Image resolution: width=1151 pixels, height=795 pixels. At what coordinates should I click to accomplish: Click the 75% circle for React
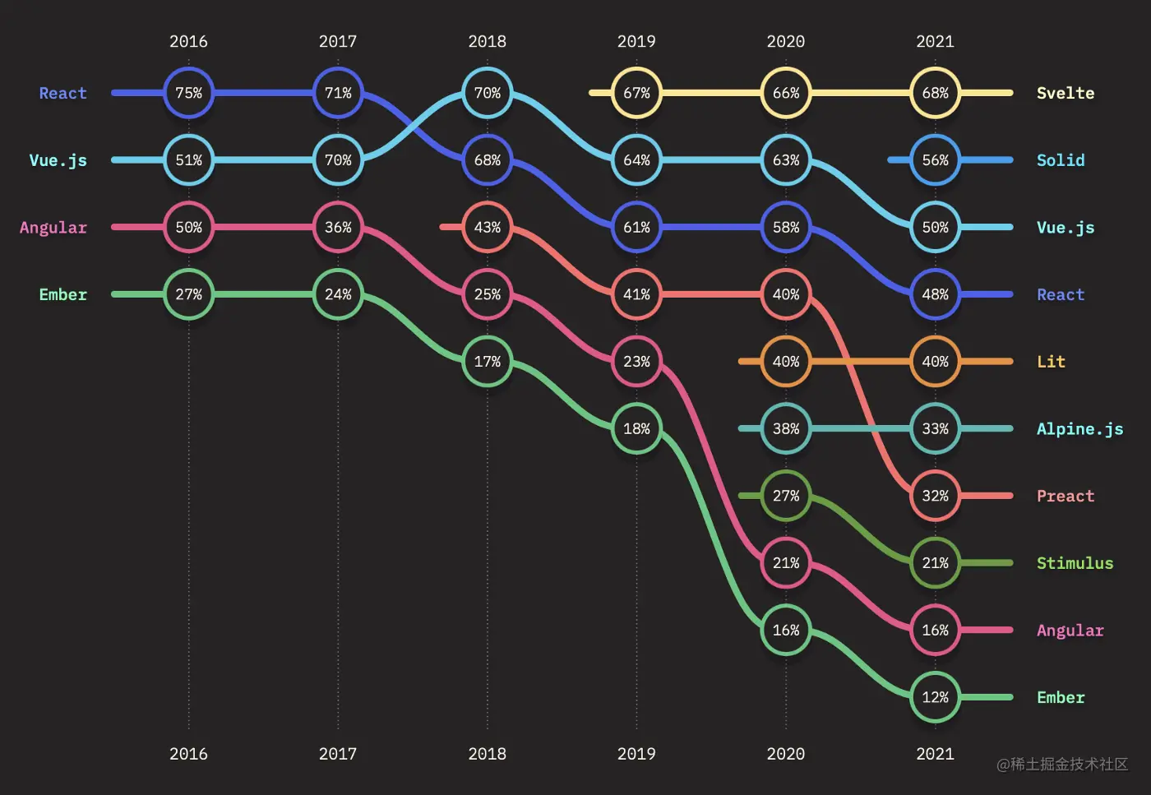(188, 93)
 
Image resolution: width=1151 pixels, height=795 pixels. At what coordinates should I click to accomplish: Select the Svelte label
(1065, 93)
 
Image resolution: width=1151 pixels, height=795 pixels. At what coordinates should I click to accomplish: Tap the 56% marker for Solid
(935, 160)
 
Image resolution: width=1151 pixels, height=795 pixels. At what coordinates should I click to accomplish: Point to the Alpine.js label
(1079, 429)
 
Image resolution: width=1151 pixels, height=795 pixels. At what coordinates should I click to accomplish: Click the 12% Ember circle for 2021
(935, 697)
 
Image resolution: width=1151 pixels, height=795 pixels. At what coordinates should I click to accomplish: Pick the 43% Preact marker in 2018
(487, 227)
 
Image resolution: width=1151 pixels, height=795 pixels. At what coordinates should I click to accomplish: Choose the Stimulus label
(1075, 563)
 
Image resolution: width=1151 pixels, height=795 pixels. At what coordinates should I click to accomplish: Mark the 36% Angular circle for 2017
(338, 227)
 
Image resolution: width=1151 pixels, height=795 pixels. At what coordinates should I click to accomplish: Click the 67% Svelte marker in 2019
(636, 93)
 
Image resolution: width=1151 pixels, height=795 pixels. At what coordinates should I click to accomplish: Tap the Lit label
(1051, 362)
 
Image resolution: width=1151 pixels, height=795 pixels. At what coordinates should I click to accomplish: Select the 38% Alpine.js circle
(785, 428)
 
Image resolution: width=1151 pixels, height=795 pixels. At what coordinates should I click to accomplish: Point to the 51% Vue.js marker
(188, 160)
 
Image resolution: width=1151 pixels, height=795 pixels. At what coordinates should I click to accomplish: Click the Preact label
(1065, 496)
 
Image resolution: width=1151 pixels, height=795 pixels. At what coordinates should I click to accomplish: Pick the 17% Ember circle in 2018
(487, 362)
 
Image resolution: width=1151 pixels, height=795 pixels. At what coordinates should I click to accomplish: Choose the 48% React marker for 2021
(935, 294)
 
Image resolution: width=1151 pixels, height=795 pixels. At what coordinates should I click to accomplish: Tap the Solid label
(1060, 160)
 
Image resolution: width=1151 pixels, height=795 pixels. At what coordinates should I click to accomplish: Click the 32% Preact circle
(935, 496)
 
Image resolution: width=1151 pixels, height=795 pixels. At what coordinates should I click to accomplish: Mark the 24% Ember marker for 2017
(338, 294)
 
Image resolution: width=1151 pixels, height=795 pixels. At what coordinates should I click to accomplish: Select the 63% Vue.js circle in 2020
(785, 160)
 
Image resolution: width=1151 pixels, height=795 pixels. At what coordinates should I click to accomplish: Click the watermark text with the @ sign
(1061, 765)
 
